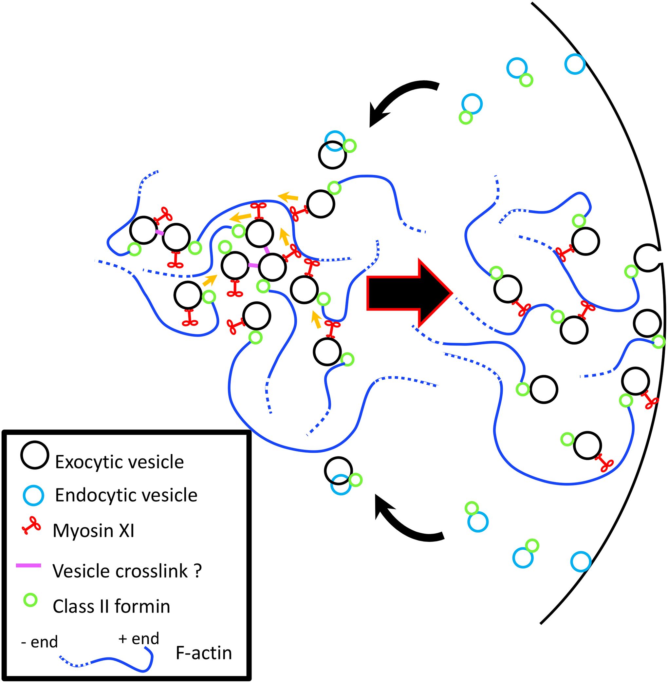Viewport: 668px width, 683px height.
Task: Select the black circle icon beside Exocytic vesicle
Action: click(x=35, y=455)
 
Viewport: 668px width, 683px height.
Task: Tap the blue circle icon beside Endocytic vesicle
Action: click(x=33, y=496)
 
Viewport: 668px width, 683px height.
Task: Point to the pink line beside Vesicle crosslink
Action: click(x=28, y=565)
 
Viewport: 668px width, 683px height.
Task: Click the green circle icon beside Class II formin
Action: click(x=30, y=600)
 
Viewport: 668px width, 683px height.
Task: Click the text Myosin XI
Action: click(x=93, y=531)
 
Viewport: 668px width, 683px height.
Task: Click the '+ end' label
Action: click(x=139, y=638)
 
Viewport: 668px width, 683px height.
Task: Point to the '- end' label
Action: click(x=39, y=642)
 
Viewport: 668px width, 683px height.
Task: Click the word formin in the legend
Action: click(x=142, y=606)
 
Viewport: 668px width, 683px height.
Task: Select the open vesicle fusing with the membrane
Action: click(x=648, y=258)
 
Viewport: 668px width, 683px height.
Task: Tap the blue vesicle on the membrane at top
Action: click(x=575, y=64)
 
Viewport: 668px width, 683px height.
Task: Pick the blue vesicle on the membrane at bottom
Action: click(x=581, y=561)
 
